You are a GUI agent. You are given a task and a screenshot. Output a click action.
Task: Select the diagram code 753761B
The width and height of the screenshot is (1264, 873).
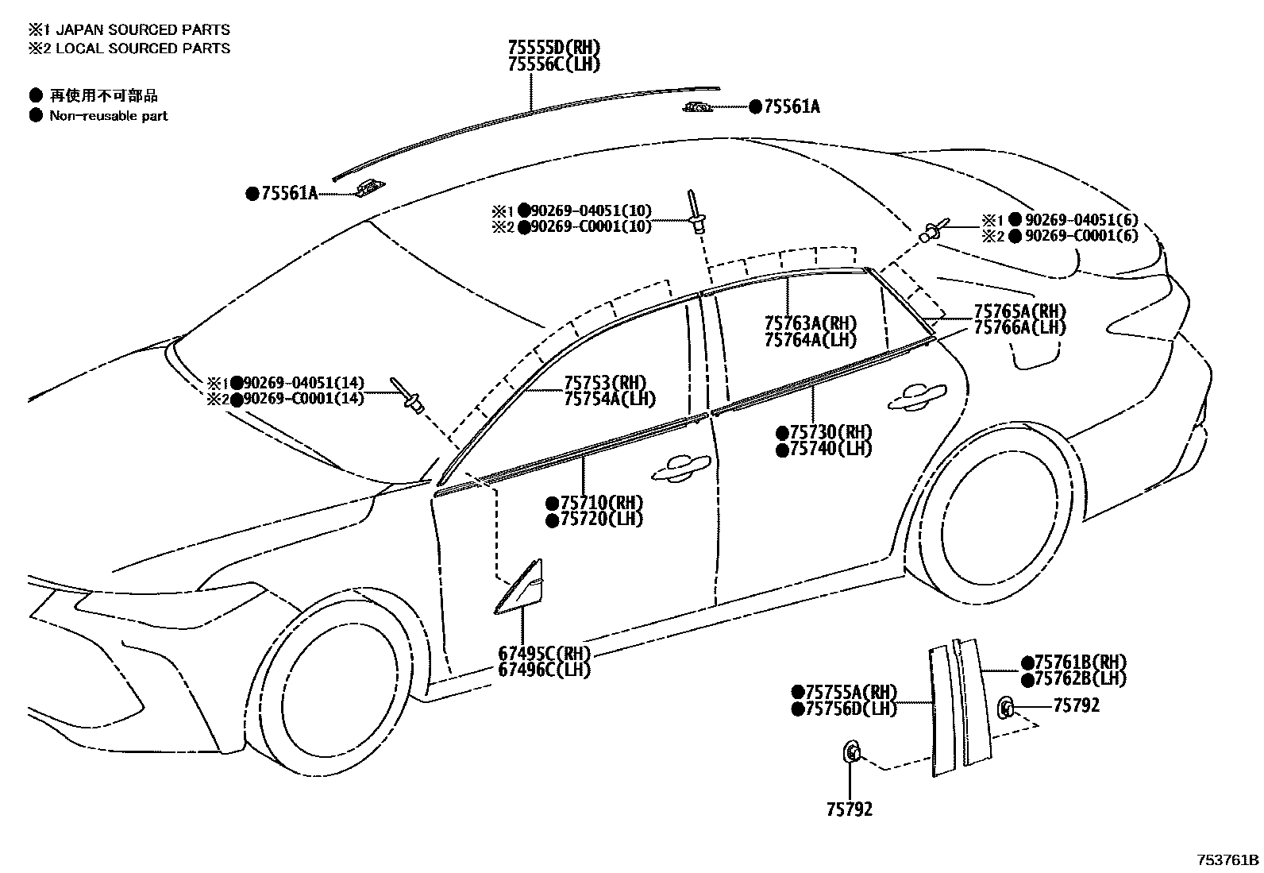[x=1228, y=860]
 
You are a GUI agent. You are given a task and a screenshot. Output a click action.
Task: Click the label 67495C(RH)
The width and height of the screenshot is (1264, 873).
[x=545, y=654]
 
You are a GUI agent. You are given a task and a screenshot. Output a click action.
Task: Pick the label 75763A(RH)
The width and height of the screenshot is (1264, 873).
[x=810, y=323]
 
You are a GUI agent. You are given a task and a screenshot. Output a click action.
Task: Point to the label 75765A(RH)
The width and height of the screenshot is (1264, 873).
[x=1019, y=311]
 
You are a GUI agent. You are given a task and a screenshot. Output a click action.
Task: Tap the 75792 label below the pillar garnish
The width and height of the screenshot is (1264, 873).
[x=849, y=809]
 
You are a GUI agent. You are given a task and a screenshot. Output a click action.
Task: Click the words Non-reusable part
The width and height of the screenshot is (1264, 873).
[x=109, y=116]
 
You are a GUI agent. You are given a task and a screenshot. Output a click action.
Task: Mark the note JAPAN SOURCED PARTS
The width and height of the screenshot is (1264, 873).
[x=139, y=29]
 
